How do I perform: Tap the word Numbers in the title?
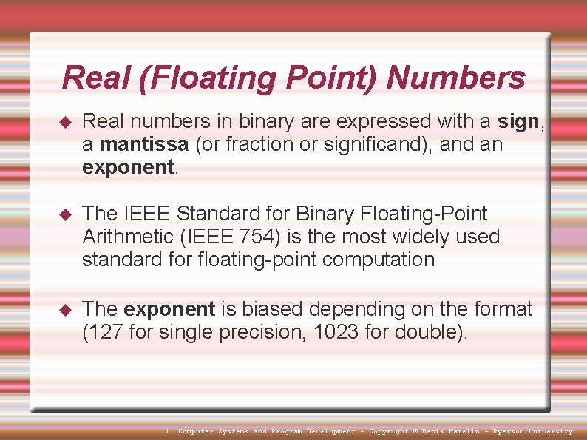point(455,78)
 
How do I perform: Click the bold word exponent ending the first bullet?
point(128,167)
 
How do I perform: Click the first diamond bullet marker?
point(64,122)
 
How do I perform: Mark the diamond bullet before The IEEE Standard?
point(64,214)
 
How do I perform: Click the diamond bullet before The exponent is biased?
point(64,309)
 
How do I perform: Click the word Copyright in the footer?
point(388,431)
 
